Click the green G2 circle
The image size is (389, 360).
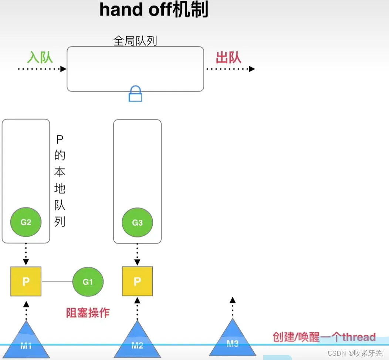point(26,222)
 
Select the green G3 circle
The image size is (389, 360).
point(137,223)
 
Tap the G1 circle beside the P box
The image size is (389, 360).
point(88,282)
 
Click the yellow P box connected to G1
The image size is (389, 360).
point(26,281)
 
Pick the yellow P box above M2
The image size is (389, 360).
point(137,281)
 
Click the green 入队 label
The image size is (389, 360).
point(40,57)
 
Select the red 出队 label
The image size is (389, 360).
point(229,57)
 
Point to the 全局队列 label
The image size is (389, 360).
point(135,40)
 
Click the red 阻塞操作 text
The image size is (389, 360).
point(88,313)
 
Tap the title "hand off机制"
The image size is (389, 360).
point(154,10)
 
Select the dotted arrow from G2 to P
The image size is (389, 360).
point(26,254)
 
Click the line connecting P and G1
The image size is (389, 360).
point(57,282)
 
